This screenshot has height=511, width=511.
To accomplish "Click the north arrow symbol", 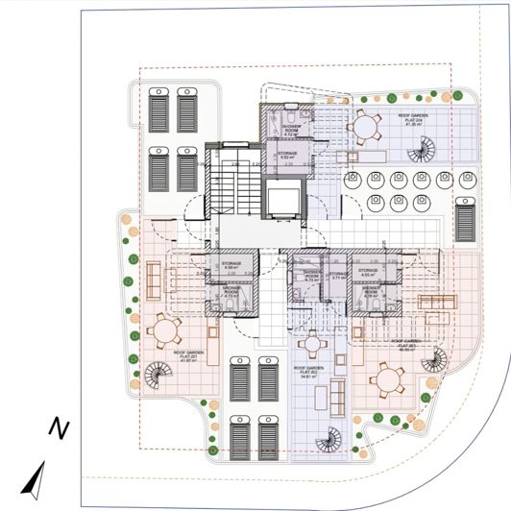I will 36,477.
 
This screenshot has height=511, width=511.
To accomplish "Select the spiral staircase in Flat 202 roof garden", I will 328,438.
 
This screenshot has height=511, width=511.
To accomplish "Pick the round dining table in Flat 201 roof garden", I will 166,331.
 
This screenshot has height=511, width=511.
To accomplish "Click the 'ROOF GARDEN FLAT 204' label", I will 415,119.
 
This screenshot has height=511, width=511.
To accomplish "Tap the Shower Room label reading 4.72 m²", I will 293,131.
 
